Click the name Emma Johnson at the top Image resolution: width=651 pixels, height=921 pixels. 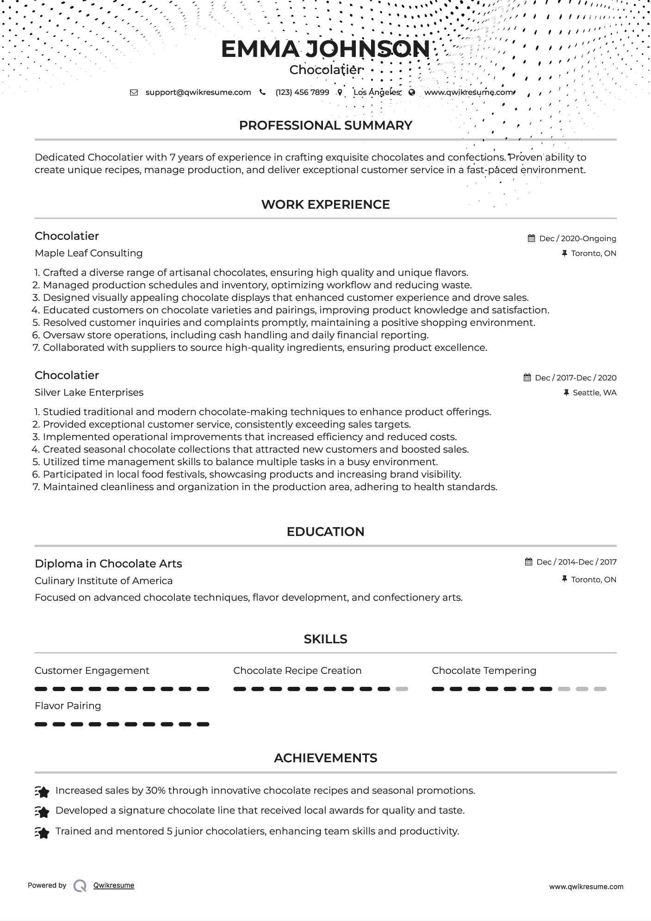point(325,49)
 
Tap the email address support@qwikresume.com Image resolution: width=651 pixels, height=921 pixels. point(198,92)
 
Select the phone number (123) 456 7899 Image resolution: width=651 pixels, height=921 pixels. point(302,92)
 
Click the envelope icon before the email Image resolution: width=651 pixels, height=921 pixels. point(134,92)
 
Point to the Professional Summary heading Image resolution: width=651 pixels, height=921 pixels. point(325,125)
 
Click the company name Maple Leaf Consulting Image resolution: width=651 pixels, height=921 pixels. point(88,253)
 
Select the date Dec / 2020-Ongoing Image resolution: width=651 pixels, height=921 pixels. point(577,238)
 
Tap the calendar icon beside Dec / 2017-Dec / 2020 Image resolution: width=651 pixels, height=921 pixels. point(527,378)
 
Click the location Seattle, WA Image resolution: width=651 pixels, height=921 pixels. point(594,392)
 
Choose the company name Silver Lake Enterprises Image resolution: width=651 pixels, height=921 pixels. point(89,392)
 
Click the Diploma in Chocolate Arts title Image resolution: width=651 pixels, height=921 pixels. point(108,564)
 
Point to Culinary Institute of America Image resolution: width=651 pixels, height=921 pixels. point(104,581)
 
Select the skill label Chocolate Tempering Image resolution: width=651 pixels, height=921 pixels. point(484,671)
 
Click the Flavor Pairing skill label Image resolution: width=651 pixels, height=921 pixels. point(68,706)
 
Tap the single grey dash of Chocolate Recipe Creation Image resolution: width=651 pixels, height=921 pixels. point(402,689)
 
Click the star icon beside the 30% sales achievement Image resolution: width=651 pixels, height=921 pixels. point(42,792)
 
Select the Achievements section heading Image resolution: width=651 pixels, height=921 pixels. point(325,758)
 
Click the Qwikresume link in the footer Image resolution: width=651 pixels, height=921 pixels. point(114,885)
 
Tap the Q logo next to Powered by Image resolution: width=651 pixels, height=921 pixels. point(80,886)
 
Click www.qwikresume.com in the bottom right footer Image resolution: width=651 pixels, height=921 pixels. point(586,887)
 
